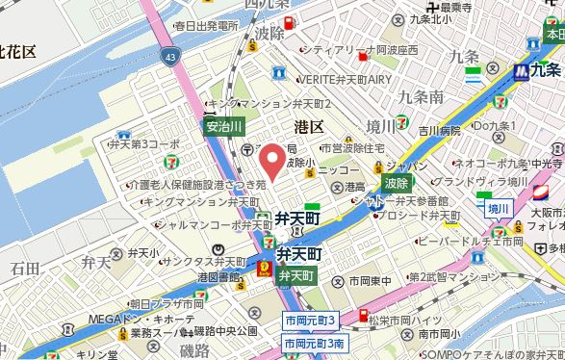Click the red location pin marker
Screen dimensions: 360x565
pos(272,160)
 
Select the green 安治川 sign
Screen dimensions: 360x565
pos(224,126)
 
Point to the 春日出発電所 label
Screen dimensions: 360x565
pos(199,25)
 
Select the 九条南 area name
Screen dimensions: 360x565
pos(420,97)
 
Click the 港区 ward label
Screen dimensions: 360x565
pos(308,127)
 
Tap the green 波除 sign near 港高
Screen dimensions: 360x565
pos(396,182)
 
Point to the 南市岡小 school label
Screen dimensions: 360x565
pos(434,334)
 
